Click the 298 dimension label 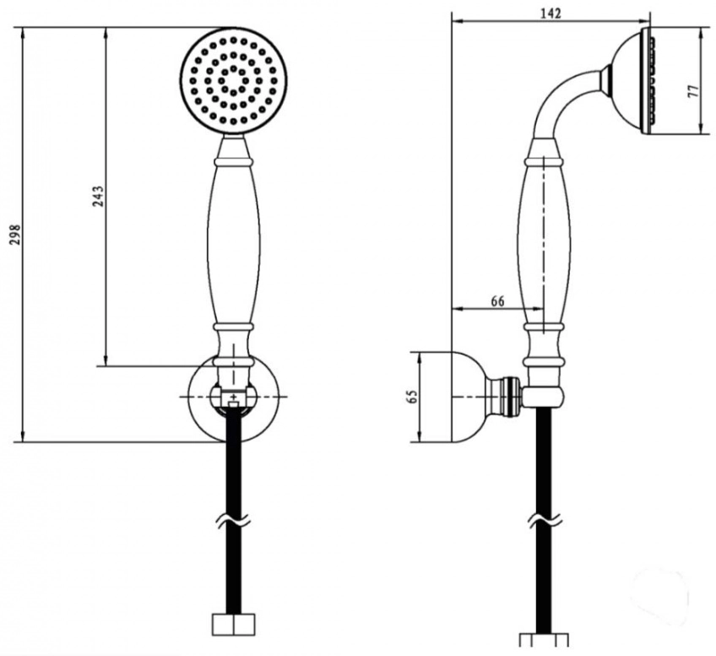click(16, 235)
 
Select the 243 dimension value click(99, 196)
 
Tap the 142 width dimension click(551, 14)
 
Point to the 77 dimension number click(693, 91)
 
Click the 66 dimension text click(497, 301)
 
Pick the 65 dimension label click(413, 396)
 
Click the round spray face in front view click(233, 82)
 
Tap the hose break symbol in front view click(233, 521)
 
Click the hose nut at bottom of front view click(233, 625)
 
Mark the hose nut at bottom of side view click(544, 640)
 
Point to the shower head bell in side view click(629, 82)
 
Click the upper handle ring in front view click(233, 162)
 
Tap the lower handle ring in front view click(233, 328)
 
